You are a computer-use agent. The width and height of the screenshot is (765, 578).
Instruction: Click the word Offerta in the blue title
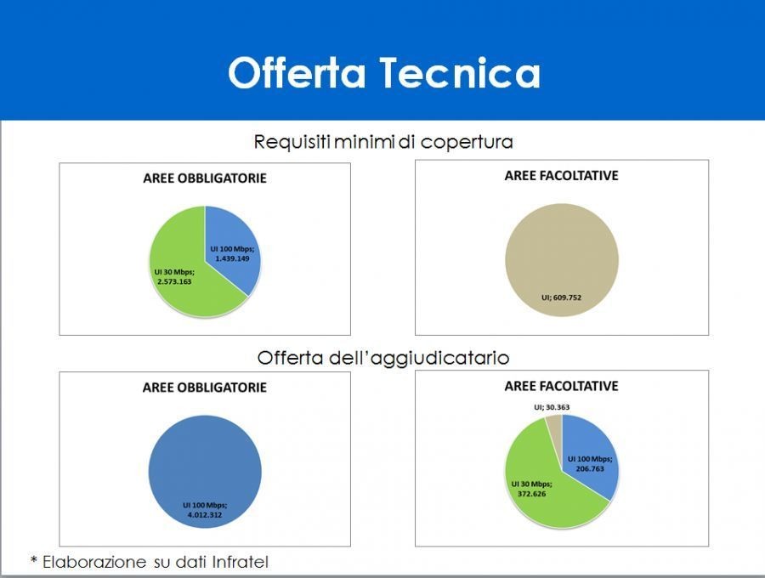click(297, 72)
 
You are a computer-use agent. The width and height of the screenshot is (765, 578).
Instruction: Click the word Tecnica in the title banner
click(460, 73)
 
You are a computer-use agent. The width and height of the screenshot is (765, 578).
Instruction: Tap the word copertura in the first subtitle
click(467, 143)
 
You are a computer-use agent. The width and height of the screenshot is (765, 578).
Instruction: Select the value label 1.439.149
click(232, 258)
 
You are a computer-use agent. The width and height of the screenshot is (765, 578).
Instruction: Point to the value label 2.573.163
click(174, 281)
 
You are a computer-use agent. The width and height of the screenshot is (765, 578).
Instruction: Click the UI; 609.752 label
click(562, 297)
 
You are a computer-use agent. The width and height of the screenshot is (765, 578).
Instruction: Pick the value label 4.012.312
click(204, 514)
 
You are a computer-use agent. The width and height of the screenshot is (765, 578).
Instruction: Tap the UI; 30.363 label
click(552, 407)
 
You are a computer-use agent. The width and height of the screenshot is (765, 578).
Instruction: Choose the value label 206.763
click(590, 468)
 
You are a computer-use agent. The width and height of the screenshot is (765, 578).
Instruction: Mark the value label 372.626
click(532, 494)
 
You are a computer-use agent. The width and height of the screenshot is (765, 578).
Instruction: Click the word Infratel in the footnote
click(240, 562)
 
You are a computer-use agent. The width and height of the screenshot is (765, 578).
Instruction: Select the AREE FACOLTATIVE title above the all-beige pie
click(562, 176)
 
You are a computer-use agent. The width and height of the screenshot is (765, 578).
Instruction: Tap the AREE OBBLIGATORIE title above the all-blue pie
click(204, 388)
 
